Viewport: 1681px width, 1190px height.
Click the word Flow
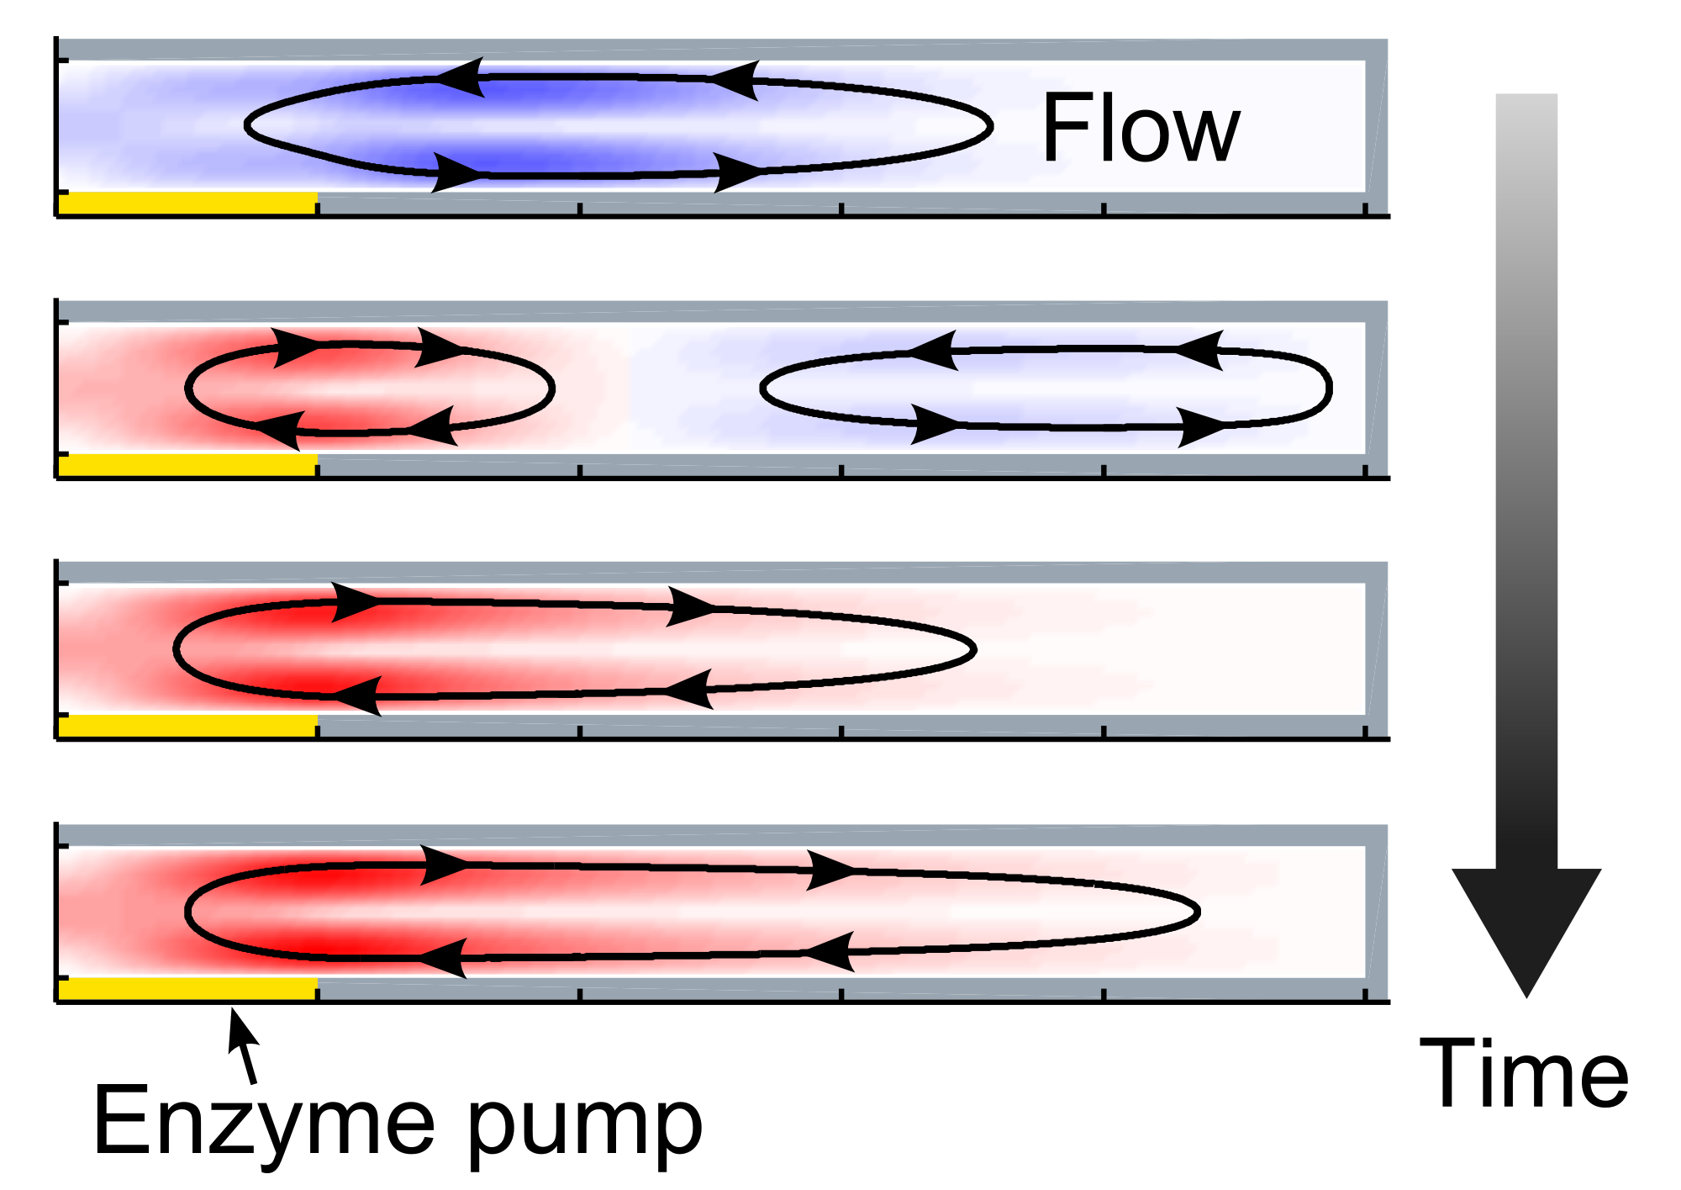(1140, 128)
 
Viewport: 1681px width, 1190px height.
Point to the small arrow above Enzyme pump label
(242, 1047)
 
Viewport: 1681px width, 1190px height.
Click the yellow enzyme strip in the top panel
(187, 203)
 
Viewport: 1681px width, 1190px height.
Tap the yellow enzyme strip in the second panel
(187, 465)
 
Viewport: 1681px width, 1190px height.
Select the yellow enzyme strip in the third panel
(187, 726)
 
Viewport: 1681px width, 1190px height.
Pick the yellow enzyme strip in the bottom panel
(187, 988)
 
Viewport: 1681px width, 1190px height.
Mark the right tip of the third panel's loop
(975, 649)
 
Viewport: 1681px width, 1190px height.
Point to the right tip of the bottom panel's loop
(1198, 912)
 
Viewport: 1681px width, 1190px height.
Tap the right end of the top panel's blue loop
(992, 126)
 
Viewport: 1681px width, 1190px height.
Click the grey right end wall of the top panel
(1376, 126)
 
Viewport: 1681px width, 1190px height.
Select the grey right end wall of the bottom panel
(1376, 912)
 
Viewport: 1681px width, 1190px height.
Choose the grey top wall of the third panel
(721, 572)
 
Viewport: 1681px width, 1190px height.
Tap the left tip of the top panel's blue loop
(245, 125)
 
